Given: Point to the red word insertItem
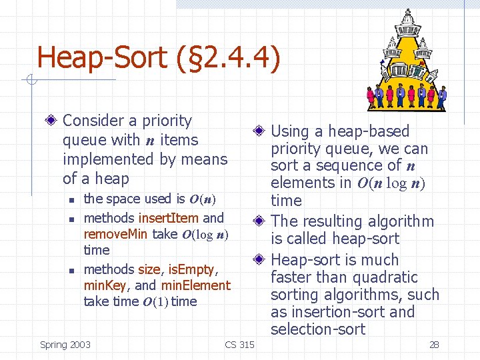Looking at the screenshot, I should (168, 218).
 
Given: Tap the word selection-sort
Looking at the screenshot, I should (318, 329).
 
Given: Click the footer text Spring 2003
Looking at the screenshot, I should (65, 345).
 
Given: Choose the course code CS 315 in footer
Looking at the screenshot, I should (239, 345).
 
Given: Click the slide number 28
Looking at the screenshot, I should (434, 345).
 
